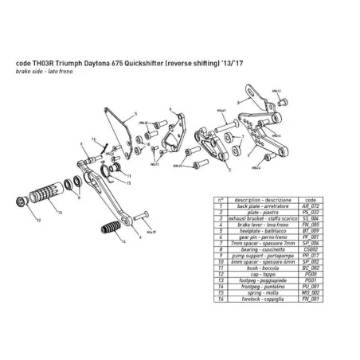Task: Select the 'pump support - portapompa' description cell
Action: [x=266, y=254]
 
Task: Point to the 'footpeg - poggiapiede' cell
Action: [x=266, y=279]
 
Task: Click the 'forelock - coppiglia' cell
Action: [x=266, y=297]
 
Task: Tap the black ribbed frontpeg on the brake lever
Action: [x=107, y=233]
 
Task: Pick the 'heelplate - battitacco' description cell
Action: [x=266, y=230]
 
